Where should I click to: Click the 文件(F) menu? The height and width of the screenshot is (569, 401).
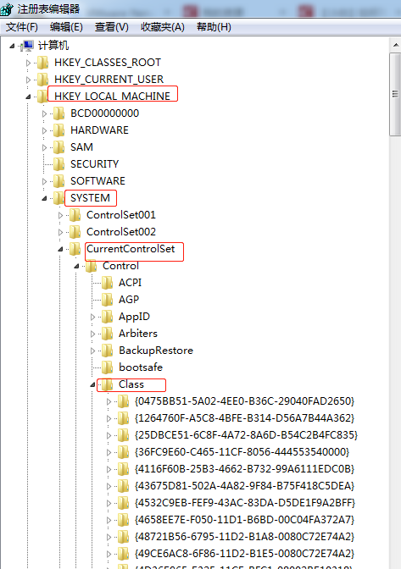point(22,27)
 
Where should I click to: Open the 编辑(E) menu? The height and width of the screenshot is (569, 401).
point(66,27)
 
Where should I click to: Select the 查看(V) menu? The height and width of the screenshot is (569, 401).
point(112,27)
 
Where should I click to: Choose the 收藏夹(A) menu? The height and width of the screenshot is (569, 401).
point(163,27)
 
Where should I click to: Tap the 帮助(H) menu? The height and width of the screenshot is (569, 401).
point(214,27)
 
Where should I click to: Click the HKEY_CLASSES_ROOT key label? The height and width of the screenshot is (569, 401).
point(108,63)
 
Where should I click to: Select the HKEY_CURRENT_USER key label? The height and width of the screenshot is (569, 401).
point(109,79)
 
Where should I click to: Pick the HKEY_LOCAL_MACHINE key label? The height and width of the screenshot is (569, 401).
point(112,97)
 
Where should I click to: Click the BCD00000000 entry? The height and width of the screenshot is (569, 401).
point(104,113)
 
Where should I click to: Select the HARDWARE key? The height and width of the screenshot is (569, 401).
point(99,130)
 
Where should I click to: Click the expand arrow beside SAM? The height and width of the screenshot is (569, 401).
point(44,147)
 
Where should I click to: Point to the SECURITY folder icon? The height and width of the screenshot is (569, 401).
point(58,164)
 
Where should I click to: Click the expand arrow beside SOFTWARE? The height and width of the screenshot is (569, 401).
point(44,181)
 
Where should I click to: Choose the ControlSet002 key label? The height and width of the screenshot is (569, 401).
point(121,231)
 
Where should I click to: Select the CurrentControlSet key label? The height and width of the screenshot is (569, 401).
point(131,249)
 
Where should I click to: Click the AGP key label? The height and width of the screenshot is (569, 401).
point(129,300)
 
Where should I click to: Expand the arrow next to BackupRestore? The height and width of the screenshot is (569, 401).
point(92,351)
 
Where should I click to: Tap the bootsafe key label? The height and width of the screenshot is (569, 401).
point(141,367)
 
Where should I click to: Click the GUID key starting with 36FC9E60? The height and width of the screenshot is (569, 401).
point(242,452)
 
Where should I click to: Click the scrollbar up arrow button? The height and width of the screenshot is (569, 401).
point(396,45)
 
